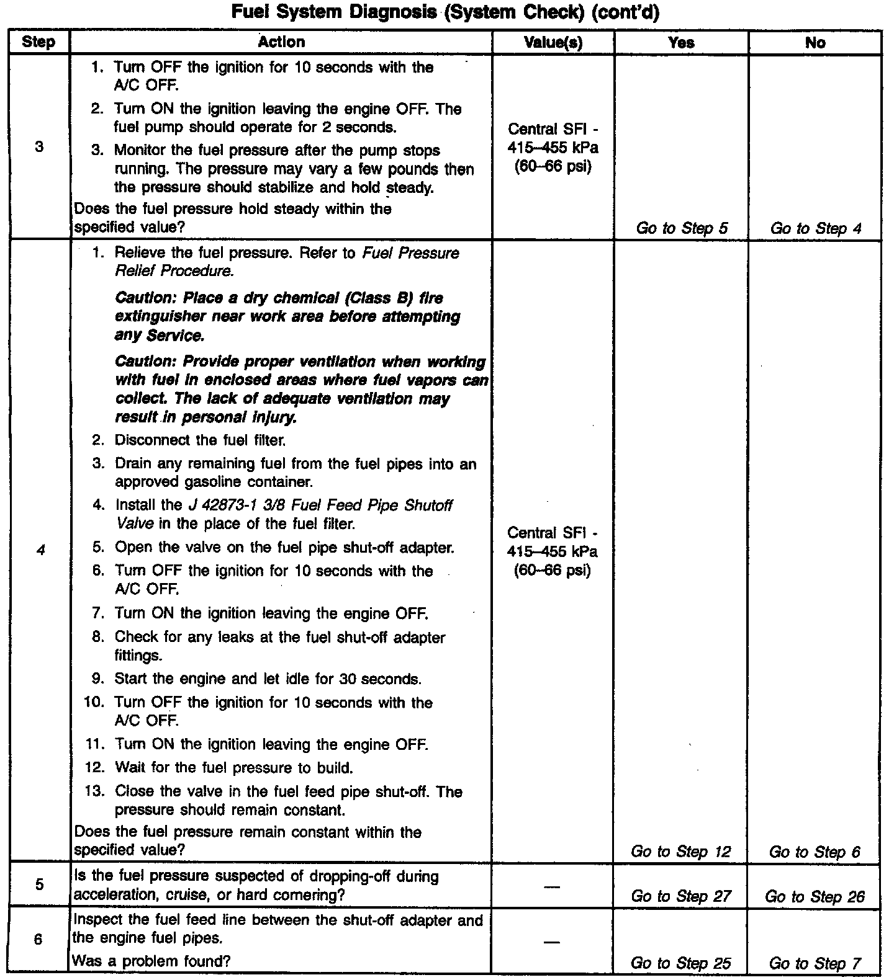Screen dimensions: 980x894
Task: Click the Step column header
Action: tap(38, 42)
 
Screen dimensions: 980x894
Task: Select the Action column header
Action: tap(281, 42)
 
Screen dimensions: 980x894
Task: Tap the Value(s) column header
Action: tap(553, 42)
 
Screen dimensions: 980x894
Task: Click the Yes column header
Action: tap(681, 42)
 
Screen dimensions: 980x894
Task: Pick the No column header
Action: tap(815, 42)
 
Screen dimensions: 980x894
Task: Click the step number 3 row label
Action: tap(39, 147)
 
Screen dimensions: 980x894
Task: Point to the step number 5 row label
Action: tap(39, 884)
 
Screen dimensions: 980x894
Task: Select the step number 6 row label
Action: tap(38, 939)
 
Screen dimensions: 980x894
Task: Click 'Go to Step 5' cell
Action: tap(682, 228)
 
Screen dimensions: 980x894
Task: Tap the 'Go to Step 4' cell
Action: tap(816, 228)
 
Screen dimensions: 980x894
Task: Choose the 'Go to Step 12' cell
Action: tap(681, 852)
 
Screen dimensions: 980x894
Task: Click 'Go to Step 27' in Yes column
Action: tap(681, 896)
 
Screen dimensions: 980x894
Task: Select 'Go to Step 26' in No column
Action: tap(815, 896)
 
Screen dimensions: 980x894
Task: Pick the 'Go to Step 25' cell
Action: tap(680, 963)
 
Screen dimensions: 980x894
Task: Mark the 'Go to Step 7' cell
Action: tap(815, 963)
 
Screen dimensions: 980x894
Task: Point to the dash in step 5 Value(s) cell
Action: tap(552, 886)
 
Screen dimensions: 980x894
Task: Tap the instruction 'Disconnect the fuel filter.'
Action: tap(200, 440)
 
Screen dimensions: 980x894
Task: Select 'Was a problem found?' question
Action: tap(152, 961)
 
